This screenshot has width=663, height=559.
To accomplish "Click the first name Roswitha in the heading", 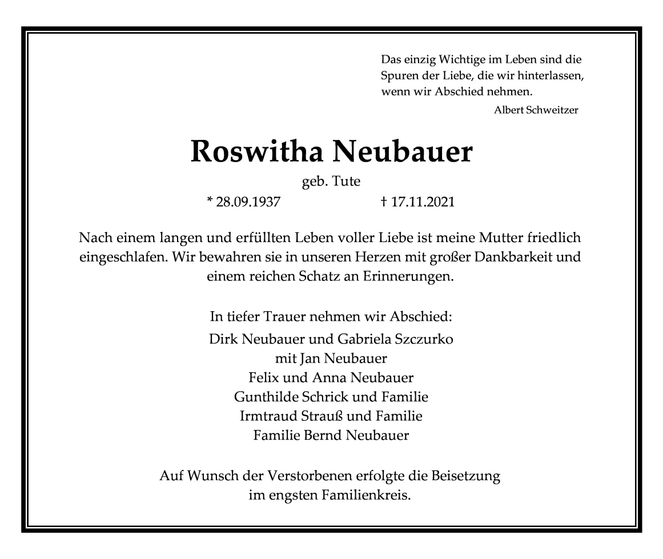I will pos(257,152).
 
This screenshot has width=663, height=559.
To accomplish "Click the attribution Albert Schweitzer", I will pos(536,110).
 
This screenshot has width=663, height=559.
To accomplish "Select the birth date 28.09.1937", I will pos(248,202).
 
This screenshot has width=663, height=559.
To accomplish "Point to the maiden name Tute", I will pos(348,182).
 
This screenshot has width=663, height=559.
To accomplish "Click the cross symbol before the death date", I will pos(384,201).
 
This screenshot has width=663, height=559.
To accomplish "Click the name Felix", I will pos(264,377).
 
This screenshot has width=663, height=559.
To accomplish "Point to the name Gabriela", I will pos(366,339).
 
